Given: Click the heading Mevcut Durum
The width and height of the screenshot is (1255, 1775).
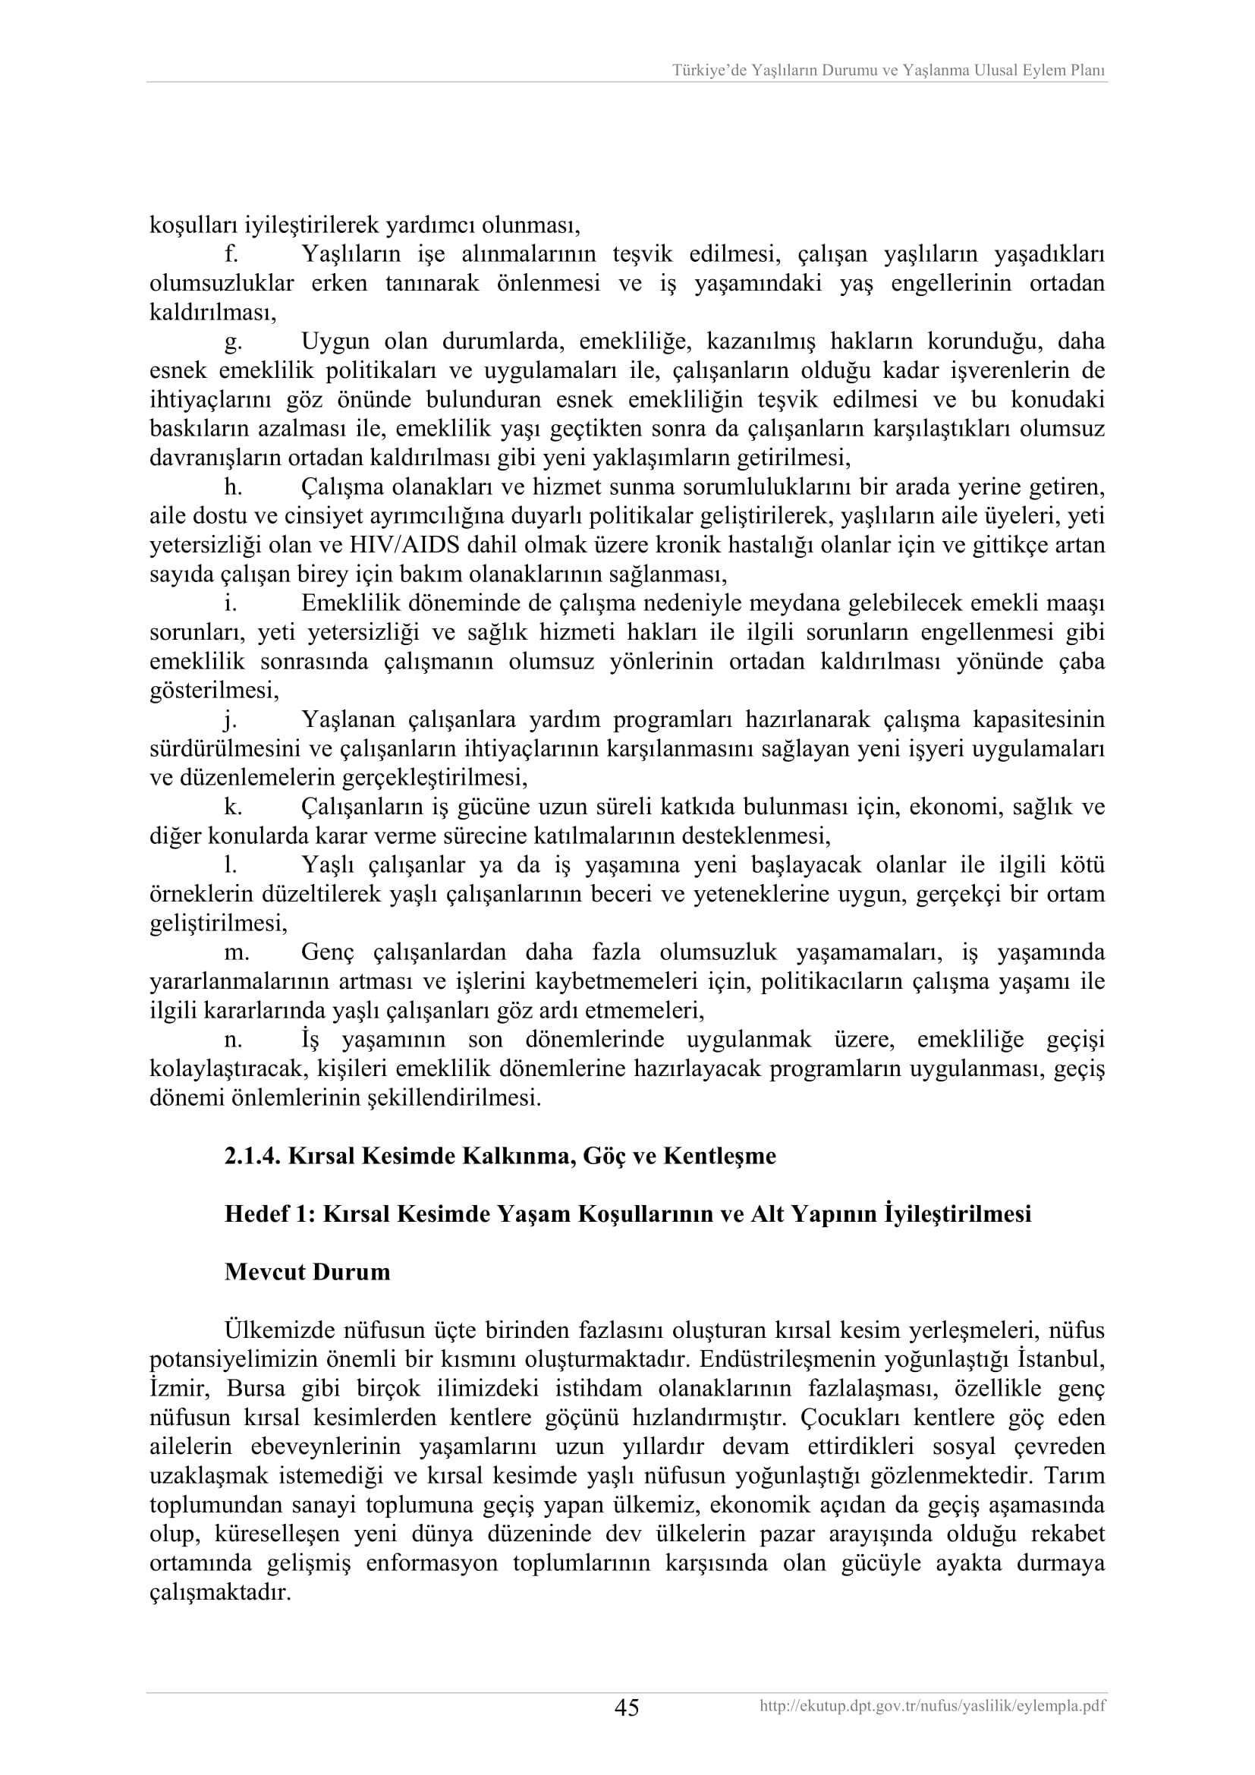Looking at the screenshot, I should point(307,1272).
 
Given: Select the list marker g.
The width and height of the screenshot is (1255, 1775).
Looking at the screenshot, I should point(233,341).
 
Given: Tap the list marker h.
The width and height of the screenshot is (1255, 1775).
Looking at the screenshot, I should point(233,487).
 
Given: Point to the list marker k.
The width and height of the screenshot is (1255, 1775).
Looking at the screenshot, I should point(233,807).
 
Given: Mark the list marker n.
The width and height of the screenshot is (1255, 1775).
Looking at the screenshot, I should point(233,1040).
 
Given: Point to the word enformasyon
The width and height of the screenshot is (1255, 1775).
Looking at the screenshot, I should point(432,1563).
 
